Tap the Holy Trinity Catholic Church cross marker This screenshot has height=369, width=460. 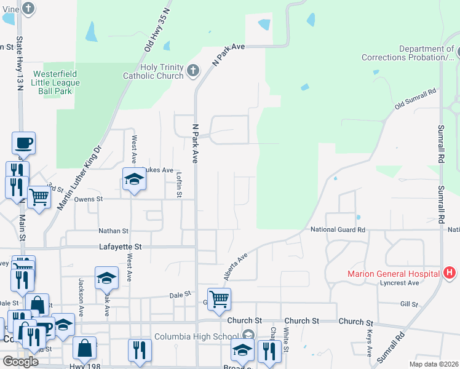[x=193, y=70]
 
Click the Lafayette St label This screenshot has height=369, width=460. [x=121, y=247]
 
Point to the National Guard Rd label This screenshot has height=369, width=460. [x=338, y=229]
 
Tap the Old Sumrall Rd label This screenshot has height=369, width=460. [x=415, y=100]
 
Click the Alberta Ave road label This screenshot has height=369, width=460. [x=236, y=266]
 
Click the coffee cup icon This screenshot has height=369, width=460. [x=23, y=143]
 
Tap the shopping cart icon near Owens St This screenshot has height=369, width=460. [x=39, y=197]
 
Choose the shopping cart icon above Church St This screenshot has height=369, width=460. [x=219, y=299]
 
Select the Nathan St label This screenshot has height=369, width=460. [x=113, y=231]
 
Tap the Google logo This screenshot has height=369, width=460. [x=20, y=362]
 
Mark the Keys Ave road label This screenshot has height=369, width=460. [x=369, y=343]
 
